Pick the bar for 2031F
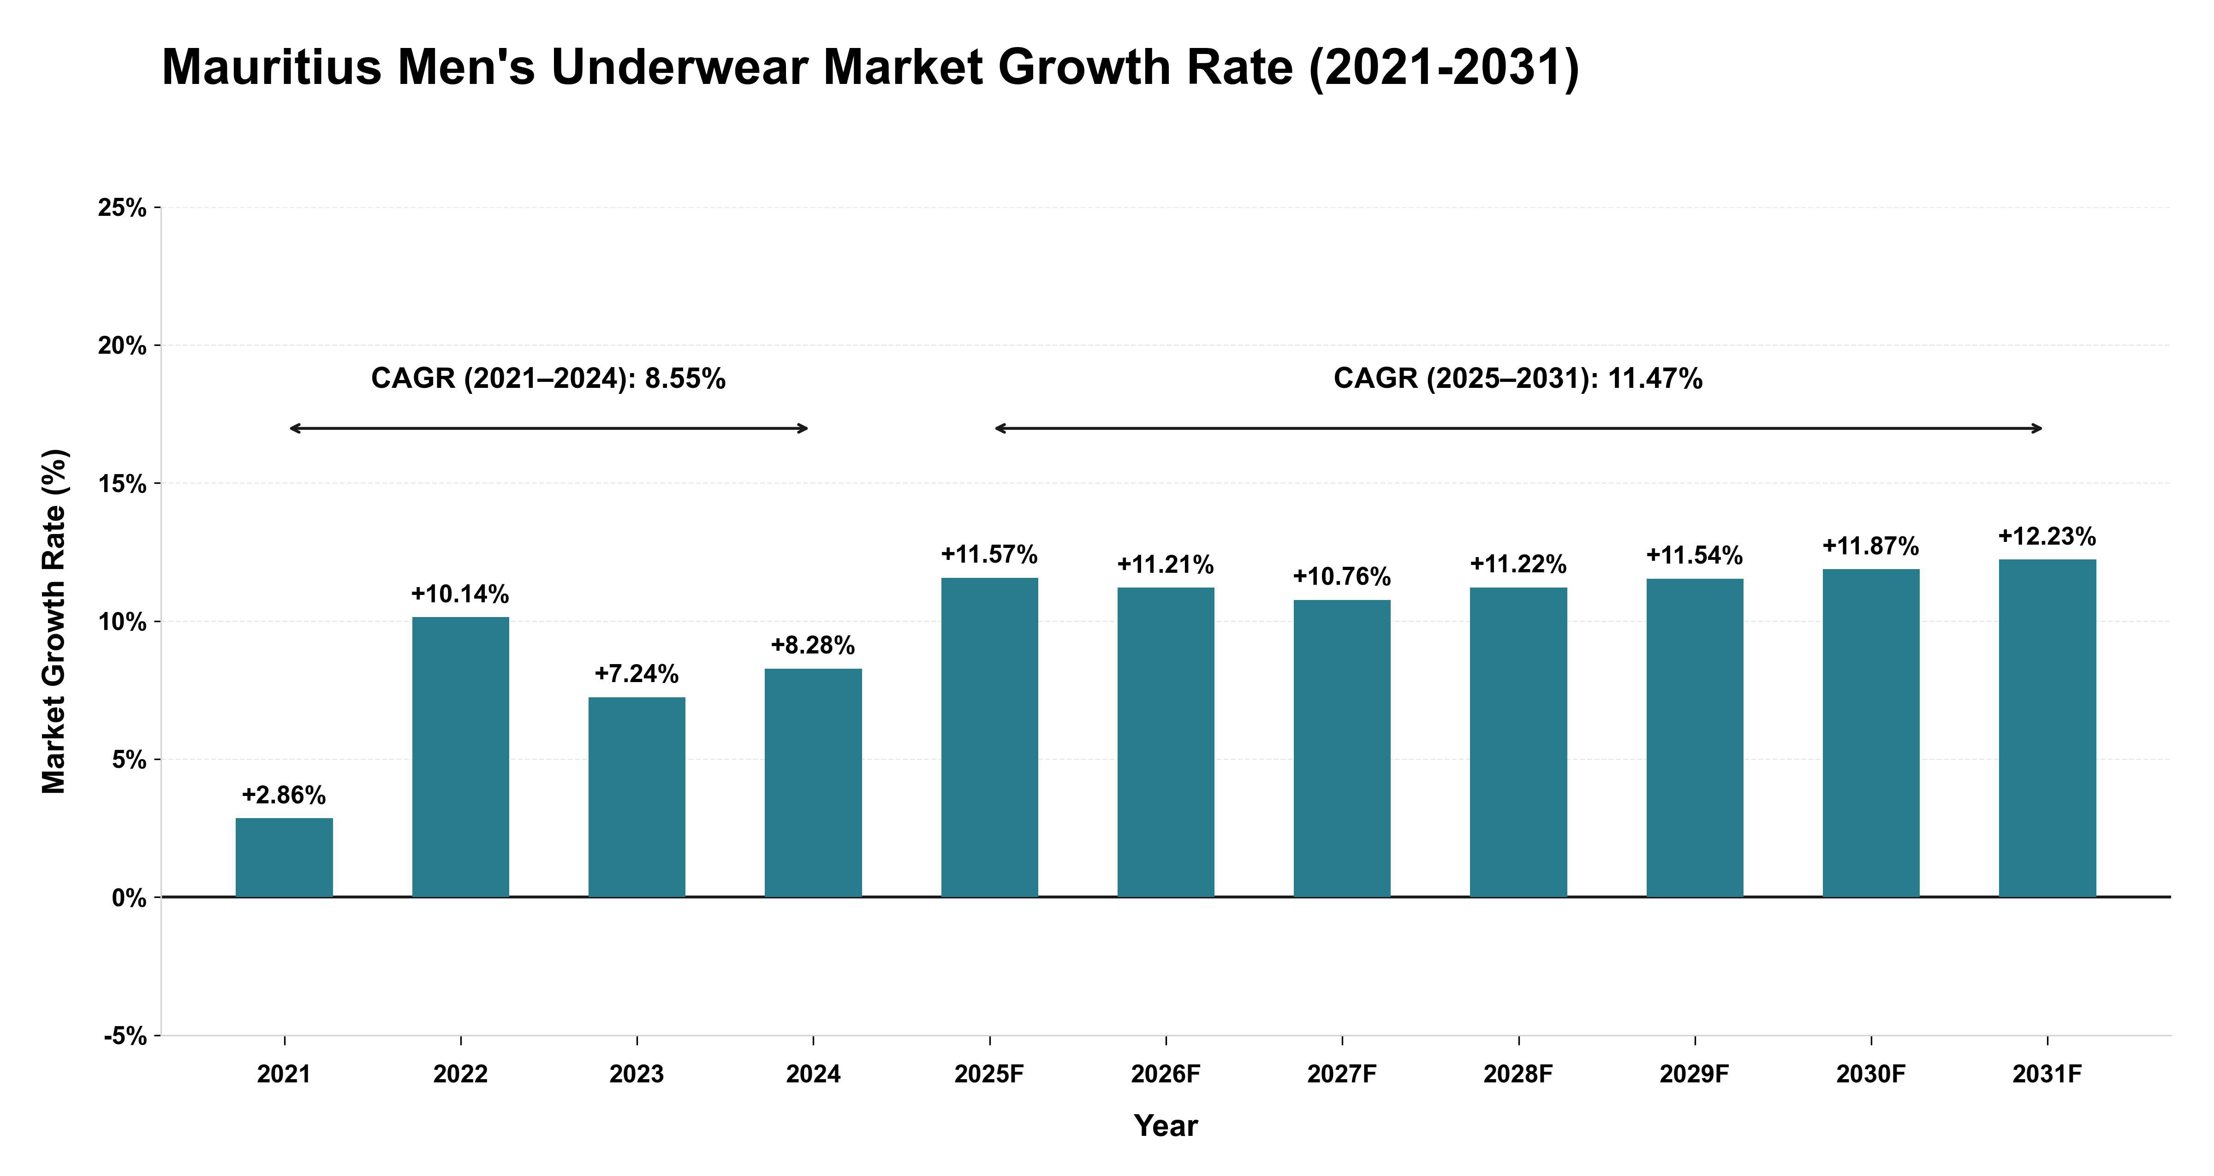2047,728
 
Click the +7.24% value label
637,674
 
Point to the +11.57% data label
989,554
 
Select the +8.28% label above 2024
813,646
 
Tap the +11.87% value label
1871,546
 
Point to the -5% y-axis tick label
125,1036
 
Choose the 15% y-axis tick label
122,484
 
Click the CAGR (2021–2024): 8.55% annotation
548,379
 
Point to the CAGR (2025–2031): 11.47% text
1518,379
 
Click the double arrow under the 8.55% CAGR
548,428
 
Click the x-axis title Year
1166,1126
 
